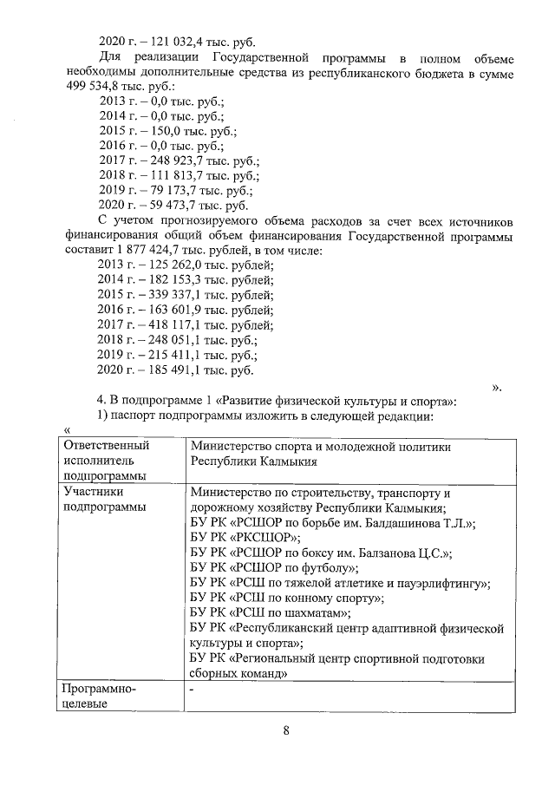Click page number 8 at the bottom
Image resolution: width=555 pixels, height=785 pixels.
(x=286, y=729)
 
